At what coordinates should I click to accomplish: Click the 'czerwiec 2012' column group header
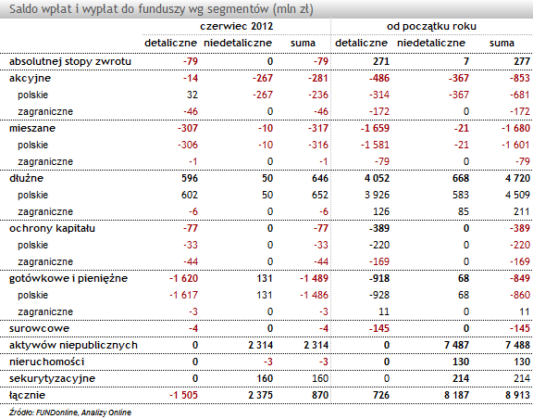(237, 26)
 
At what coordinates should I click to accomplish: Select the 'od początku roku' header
(431, 26)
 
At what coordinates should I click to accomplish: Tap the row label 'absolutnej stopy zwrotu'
(70, 62)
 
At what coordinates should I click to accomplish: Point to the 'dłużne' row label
(26, 178)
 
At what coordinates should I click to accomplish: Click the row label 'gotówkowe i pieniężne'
(68, 279)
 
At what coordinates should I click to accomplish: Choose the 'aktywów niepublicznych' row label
(73, 346)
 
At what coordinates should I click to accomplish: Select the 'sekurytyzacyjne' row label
(52, 379)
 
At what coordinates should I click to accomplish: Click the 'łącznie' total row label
(27, 395)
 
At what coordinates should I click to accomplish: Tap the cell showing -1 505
(183, 395)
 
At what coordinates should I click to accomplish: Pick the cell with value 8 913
(517, 395)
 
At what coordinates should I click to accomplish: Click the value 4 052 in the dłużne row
(377, 178)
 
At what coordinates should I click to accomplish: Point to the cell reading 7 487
(456, 345)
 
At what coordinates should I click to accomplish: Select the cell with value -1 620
(183, 278)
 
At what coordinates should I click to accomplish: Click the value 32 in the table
(192, 95)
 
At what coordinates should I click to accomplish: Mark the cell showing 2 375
(260, 395)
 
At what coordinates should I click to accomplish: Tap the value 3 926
(377, 195)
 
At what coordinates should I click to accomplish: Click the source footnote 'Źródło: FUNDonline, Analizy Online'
(70, 413)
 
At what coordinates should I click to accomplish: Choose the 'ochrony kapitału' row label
(52, 228)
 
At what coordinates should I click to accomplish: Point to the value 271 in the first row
(380, 61)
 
